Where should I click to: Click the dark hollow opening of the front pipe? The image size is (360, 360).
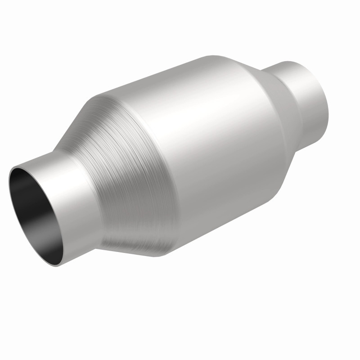[x=36, y=207]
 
